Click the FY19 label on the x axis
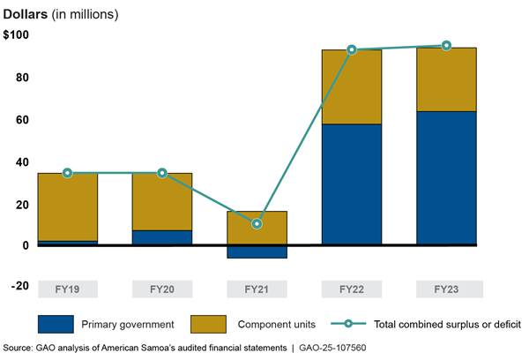[x=68, y=289]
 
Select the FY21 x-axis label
[x=257, y=289]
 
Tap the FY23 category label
[x=446, y=289]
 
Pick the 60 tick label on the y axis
[x=20, y=119]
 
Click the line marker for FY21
[x=257, y=224]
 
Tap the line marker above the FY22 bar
[x=352, y=49]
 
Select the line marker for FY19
[x=68, y=173]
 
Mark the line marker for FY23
[x=446, y=46]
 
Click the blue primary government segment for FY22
[x=352, y=184]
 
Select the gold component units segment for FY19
[x=68, y=206]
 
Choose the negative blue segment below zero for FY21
[x=257, y=251]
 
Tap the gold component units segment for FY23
[x=446, y=79]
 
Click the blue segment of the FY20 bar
[x=162, y=237]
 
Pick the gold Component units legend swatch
[x=206, y=324]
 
